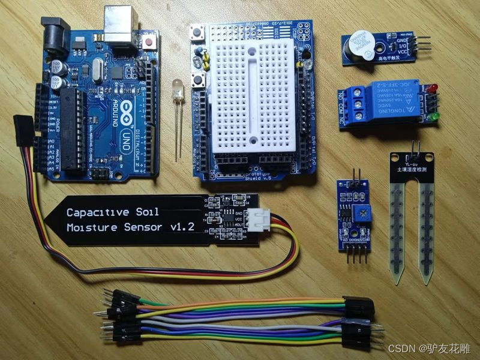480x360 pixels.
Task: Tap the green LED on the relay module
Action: pyautogui.click(x=433, y=115)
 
